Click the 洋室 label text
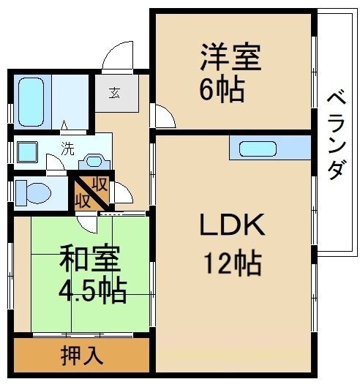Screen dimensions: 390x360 click(x=230, y=57)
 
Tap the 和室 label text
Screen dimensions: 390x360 click(x=89, y=259)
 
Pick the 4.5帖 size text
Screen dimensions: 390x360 click(x=92, y=290)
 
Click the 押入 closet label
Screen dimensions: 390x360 click(x=82, y=356)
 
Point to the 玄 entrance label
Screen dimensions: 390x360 click(x=116, y=92)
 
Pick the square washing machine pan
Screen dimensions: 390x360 click(x=27, y=153)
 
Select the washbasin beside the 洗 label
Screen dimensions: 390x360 click(x=94, y=161)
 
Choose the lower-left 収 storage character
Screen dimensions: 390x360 click(x=83, y=198)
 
